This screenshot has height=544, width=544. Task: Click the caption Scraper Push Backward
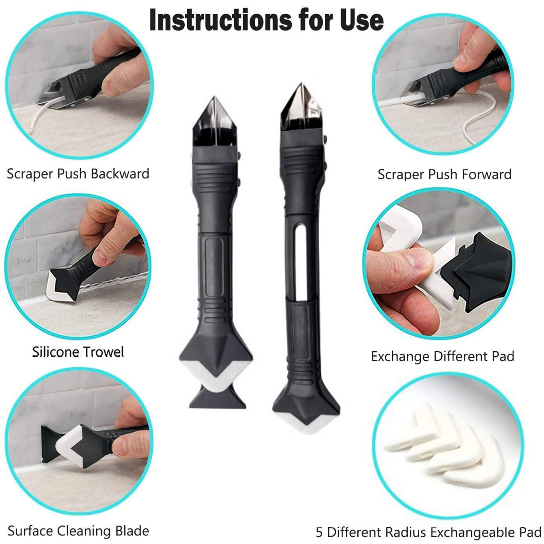click(x=78, y=174)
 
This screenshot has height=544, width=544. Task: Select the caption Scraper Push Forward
click(x=444, y=174)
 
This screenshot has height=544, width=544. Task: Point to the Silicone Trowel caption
click(x=78, y=352)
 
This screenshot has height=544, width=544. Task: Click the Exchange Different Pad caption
click(x=442, y=356)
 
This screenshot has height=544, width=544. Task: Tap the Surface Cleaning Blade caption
click(x=78, y=531)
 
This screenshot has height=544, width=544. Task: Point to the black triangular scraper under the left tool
click(x=218, y=398)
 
